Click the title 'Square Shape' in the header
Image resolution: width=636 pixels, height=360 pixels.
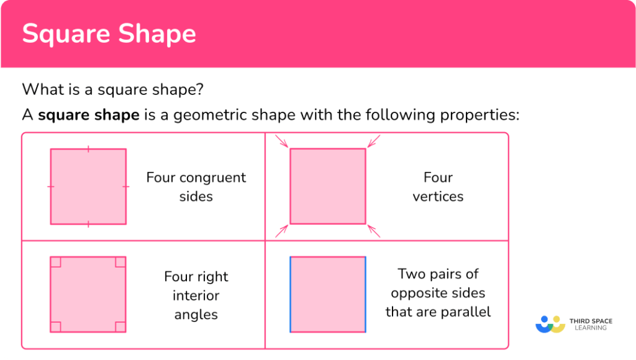point(109,34)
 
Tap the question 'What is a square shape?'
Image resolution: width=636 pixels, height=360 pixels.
point(112,89)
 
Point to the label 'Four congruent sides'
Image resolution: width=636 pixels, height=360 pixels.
point(196,187)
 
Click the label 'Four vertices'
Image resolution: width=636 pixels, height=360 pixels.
point(438,187)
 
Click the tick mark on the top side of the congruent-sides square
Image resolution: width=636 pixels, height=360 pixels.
point(88,149)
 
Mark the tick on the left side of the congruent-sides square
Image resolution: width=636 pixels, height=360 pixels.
point(51,186)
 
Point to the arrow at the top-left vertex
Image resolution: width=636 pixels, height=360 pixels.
point(283,142)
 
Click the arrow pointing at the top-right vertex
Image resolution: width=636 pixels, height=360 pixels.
point(373,142)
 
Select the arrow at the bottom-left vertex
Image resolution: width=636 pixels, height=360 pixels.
point(283,230)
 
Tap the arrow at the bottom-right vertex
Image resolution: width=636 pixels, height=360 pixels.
point(373,230)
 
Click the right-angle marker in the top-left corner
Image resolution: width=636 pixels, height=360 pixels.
point(56,262)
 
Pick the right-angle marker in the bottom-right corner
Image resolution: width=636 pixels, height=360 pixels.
point(120,326)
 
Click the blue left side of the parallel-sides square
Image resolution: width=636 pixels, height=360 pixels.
point(290,294)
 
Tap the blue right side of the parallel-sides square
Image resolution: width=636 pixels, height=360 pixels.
point(365,294)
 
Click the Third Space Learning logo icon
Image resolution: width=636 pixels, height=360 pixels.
point(550,324)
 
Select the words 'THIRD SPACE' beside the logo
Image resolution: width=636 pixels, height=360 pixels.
point(591,321)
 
